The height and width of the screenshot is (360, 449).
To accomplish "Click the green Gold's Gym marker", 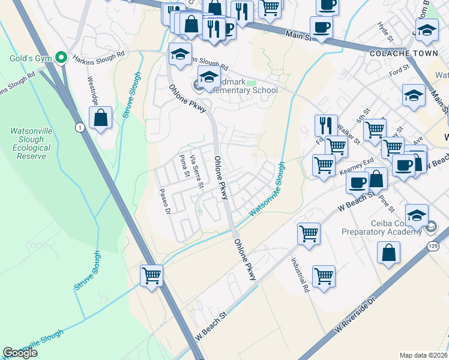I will (61, 58).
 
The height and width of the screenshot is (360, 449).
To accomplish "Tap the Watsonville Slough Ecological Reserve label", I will (26, 143).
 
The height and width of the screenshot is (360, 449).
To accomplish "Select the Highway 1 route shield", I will (79, 127).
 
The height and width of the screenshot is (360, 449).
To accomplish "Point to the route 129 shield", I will (433, 246).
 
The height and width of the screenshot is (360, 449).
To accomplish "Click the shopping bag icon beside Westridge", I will (100, 118).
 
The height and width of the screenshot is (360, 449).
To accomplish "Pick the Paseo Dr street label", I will (164, 203).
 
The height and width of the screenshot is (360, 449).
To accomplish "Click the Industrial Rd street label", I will (300, 275).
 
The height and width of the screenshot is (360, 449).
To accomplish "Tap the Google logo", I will (20, 353).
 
